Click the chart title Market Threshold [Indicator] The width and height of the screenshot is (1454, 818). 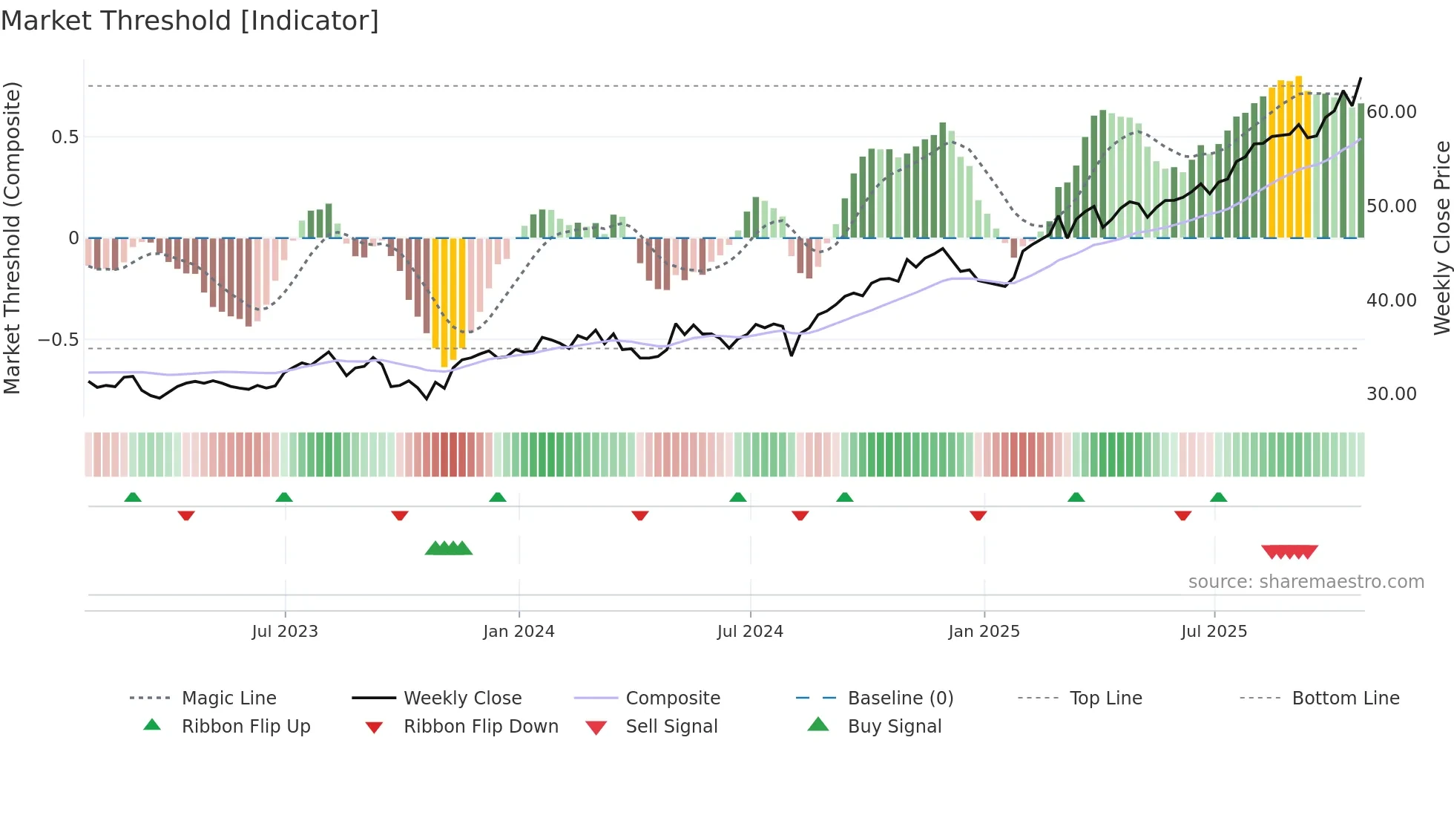point(190,21)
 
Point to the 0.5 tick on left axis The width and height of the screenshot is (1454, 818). point(65,137)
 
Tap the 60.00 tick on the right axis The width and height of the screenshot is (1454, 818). point(1391,112)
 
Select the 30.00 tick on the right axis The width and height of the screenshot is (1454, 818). point(1391,394)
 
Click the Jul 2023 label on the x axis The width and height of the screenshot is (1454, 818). point(285,632)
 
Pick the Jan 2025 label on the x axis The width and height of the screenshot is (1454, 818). point(984,632)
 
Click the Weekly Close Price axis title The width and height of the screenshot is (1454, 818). point(1441,238)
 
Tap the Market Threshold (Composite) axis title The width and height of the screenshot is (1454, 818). point(12,238)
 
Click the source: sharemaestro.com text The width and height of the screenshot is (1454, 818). point(1306,582)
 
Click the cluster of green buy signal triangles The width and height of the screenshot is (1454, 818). point(449,549)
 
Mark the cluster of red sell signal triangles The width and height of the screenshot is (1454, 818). point(1289,552)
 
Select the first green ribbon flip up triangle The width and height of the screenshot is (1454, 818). point(133,497)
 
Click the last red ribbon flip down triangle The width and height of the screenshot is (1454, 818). point(1182,515)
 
